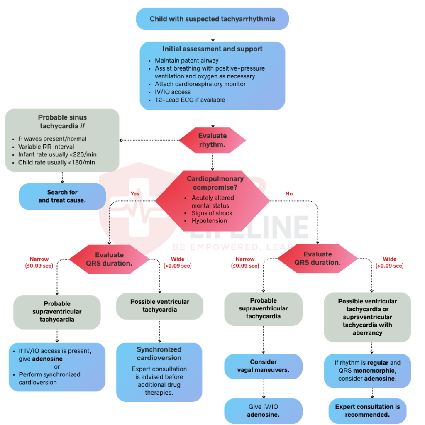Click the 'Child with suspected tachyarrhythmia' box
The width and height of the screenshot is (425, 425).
point(212,19)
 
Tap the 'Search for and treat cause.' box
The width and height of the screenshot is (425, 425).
point(62,196)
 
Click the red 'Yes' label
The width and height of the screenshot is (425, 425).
point(135,193)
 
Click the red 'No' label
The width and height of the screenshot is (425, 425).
point(289,193)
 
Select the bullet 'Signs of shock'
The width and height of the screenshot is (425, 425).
point(212,213)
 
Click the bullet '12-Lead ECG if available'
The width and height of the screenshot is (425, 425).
point(190,100)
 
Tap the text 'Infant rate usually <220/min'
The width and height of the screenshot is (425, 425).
point(57,154)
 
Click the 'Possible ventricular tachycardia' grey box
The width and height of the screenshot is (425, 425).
point(160,306)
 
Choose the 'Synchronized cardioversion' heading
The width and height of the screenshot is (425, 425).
point(159,354)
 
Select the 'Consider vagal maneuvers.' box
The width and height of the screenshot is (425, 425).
point(264,366)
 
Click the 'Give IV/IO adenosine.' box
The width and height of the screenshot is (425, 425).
point(264,410)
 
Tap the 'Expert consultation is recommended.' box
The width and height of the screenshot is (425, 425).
point(367,410)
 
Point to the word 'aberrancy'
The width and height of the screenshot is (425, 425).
point(367,333)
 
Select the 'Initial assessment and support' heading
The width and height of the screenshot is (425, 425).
point(212,49)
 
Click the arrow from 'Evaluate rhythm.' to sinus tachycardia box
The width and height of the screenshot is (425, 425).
point(149,140)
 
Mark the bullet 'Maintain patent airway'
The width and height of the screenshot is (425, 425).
point(186,61)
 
